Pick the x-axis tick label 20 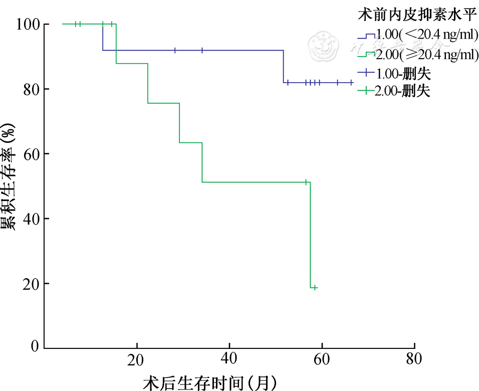click(136, 360)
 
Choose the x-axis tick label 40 click(229, 360)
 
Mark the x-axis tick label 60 click(322, 360)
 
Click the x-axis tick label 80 click(414, 360)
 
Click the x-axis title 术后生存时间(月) click(209, 382)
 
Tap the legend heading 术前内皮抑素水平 click(416, 15)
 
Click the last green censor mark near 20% click(315, 288)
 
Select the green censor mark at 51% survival click(306, 182)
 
